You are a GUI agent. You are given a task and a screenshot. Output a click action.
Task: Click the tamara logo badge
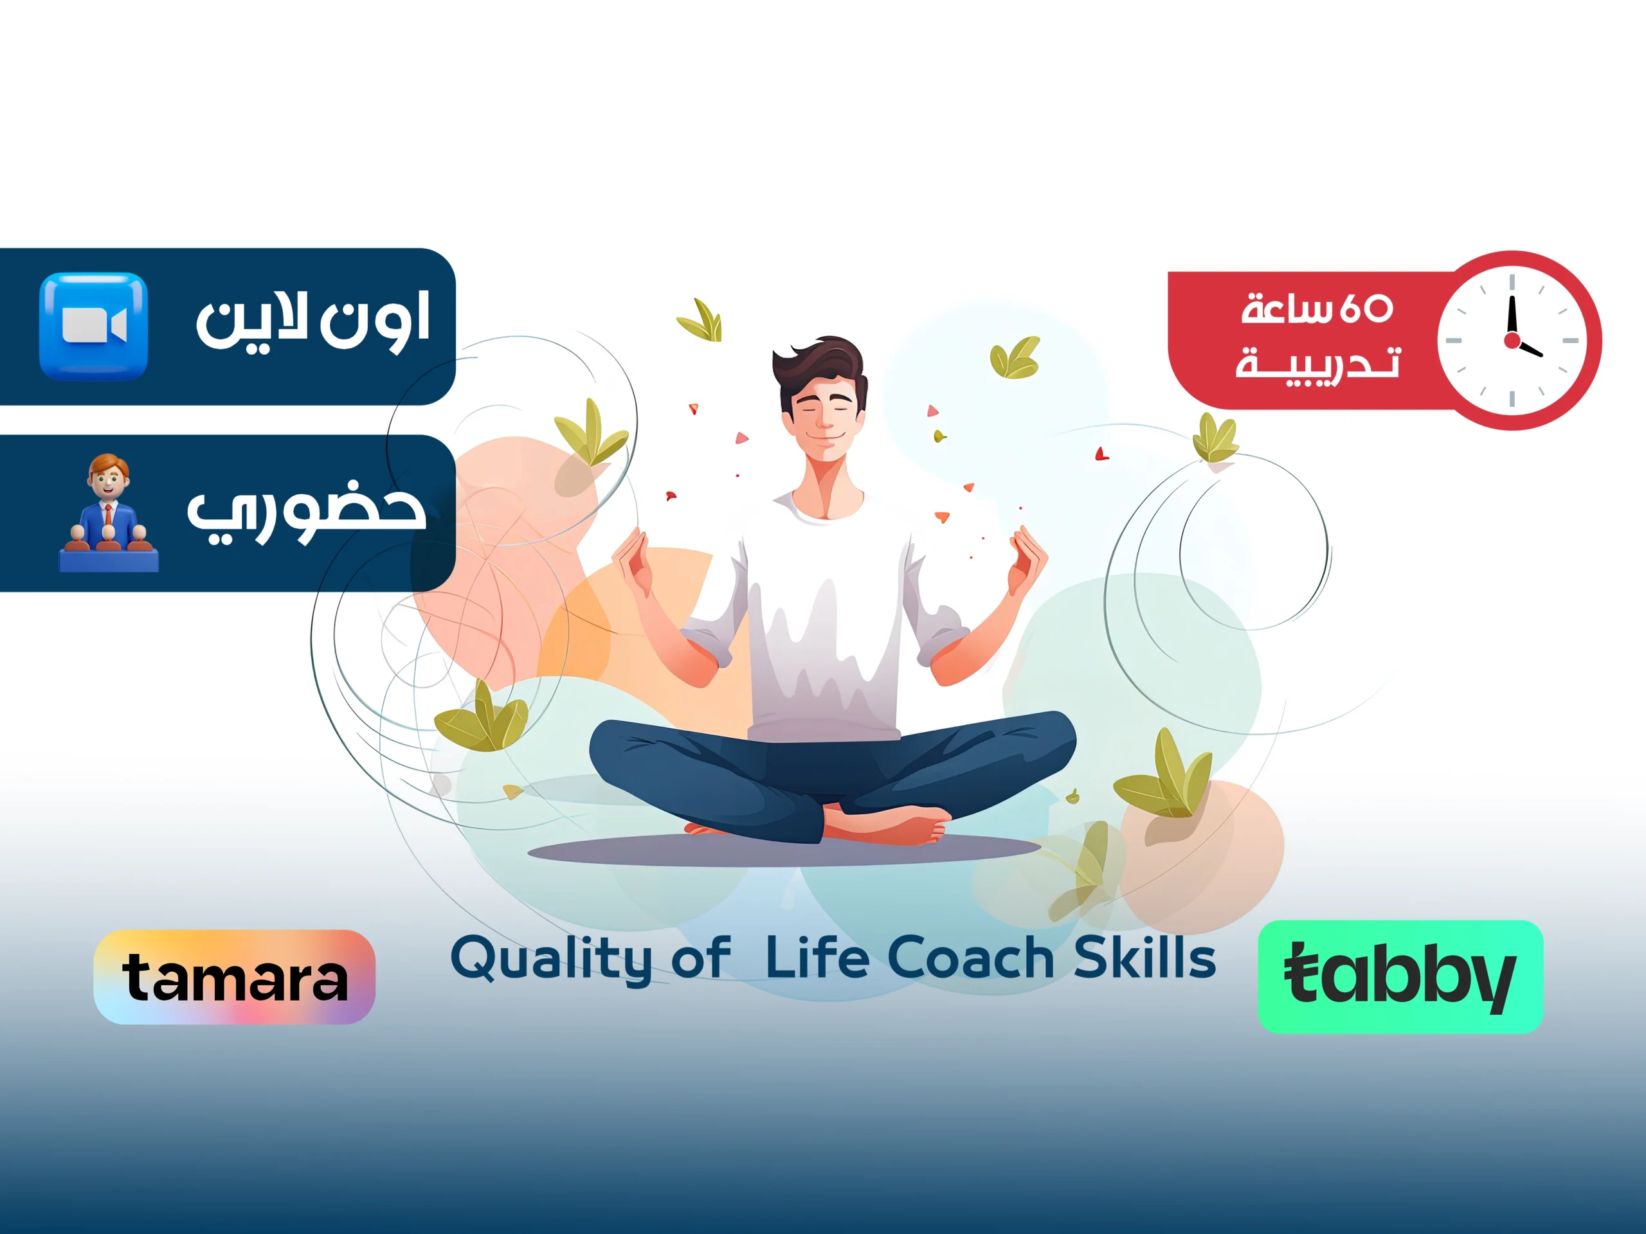tap(235, 977)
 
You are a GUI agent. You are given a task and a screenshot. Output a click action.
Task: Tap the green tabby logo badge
tap(1400, 977)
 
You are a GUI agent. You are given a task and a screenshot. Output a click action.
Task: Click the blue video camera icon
tap(94, 326)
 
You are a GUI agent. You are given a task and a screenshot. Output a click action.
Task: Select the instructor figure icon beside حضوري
tap(109, 514)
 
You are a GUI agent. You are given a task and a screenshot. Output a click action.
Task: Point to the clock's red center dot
tap(1512, 341)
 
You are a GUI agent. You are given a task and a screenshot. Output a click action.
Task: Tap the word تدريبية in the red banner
tap(1317, 364)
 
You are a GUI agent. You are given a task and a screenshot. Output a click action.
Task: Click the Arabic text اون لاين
tap(312, 321)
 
